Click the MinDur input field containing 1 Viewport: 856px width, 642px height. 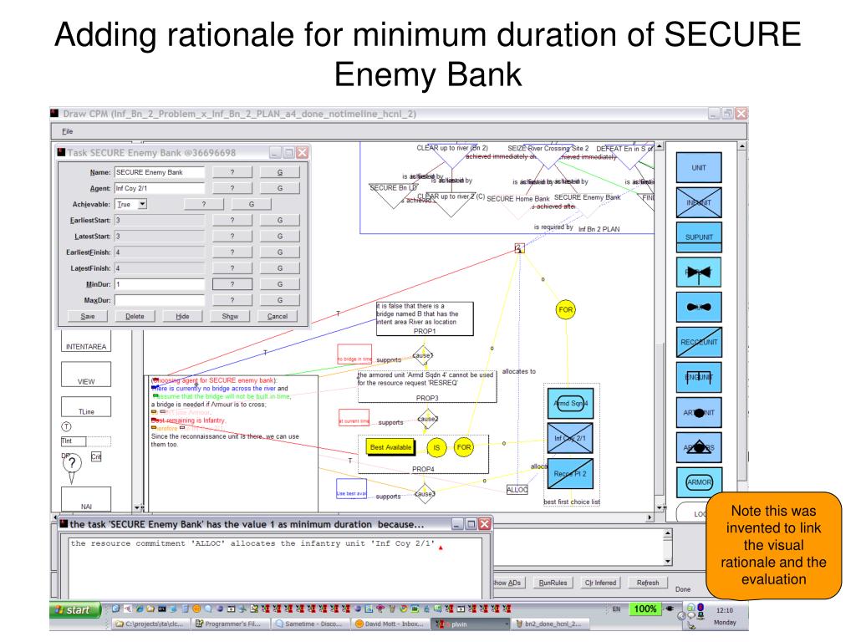click(x=160, y=284)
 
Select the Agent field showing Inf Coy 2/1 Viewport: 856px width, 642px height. click(x=160, y=188)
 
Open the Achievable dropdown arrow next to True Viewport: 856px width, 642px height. click(x=142, y=204)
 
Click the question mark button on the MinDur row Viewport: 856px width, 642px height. click(x=231, y=284)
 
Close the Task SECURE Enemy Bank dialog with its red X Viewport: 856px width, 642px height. click(x=302, y=153)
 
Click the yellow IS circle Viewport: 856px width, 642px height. click(x=436, y=448)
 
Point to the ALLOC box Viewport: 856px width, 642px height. click(x=517, y=490)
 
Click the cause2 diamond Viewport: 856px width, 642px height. click(x=426, y=418)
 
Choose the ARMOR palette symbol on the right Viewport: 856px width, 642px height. click(x=698, y=482)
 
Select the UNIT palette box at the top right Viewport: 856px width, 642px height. click(x=698, y=168)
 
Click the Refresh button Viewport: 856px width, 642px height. click(x=648, y=583)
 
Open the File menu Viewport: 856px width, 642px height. click(x=67, y=131)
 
